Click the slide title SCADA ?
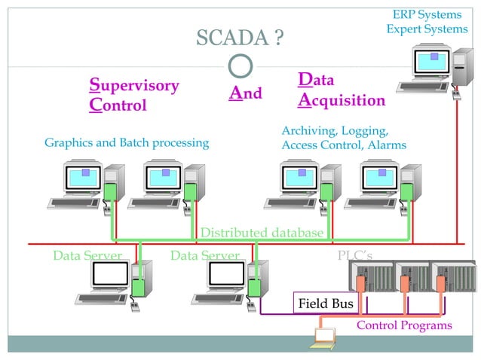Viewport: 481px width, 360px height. (240, 37)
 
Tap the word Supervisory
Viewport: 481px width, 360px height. (134, 85)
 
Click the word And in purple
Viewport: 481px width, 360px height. (246, 93)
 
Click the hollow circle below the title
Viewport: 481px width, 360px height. (240, 66)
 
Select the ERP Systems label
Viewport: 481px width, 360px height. (426, 14)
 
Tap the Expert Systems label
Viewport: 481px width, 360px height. (426, 29)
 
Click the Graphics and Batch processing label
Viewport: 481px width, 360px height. (127, 142)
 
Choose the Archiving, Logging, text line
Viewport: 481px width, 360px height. (335, 130)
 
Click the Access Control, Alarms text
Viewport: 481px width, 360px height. (344, 145)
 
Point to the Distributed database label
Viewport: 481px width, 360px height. (262, 233)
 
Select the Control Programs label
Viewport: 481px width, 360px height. (404, 325)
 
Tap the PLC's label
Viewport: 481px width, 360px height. (354, 256)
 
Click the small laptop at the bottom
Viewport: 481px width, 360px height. (324, 339)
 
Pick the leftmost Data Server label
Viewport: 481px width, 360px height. (87, 256)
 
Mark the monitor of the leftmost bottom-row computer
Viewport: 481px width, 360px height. (106, 275)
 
